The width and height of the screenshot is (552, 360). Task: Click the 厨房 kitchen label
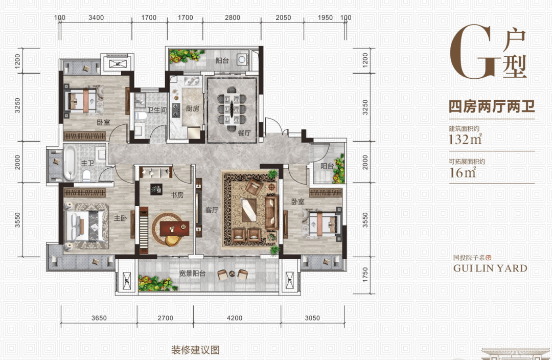coord(192,108)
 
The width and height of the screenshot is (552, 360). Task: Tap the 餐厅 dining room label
coord(244,132)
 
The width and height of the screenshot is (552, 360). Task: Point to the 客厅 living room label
coord(212,209)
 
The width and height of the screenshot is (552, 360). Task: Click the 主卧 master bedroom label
coord(120,218)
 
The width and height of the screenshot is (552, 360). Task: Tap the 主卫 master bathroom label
coord(102,164)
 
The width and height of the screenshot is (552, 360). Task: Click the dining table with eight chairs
coord(232,107)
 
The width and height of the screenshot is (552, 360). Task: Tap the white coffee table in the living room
coord(249,210)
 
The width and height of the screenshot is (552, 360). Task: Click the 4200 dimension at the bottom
coord(234,318)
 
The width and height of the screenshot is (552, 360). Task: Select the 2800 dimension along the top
coord(232,18)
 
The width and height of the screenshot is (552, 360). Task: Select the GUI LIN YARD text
coord(490,268)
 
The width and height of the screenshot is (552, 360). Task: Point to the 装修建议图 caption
coord(195,351)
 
